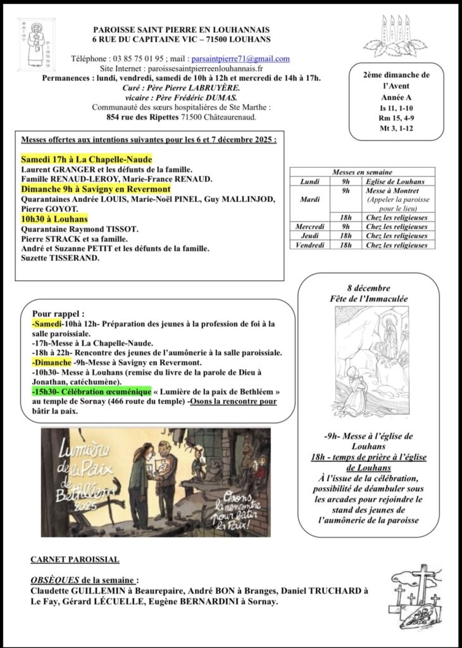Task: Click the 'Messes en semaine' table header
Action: pos(362,172)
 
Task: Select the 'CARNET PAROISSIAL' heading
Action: pos(75,559)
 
